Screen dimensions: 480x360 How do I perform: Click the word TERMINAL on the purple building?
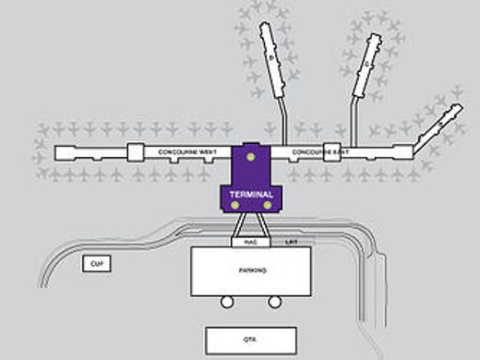(x=249, y=195)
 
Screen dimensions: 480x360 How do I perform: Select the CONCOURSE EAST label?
(x=316, y=150)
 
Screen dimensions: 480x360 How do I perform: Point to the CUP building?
(x=94, y=264)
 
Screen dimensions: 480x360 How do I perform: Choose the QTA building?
(x=249, y=339)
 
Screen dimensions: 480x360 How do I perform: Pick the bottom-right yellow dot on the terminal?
(x=268, y=205)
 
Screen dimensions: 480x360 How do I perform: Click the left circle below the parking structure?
(x=225, y=302)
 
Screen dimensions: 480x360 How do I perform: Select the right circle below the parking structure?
(x=273, y=302)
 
